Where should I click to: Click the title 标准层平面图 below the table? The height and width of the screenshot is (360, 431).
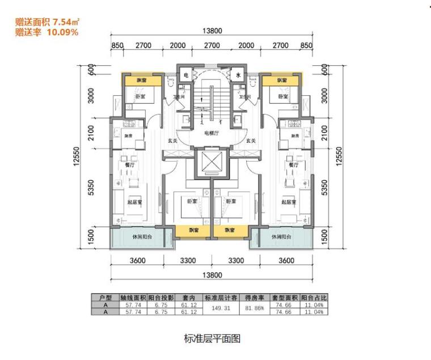pos(213,339)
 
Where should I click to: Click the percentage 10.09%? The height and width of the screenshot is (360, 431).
pos(62,32)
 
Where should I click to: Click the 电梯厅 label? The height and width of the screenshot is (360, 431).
pos(212,134)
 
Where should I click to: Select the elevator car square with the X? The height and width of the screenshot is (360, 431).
pos(211,163)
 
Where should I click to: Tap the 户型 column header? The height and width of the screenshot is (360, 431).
pos(104,298)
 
